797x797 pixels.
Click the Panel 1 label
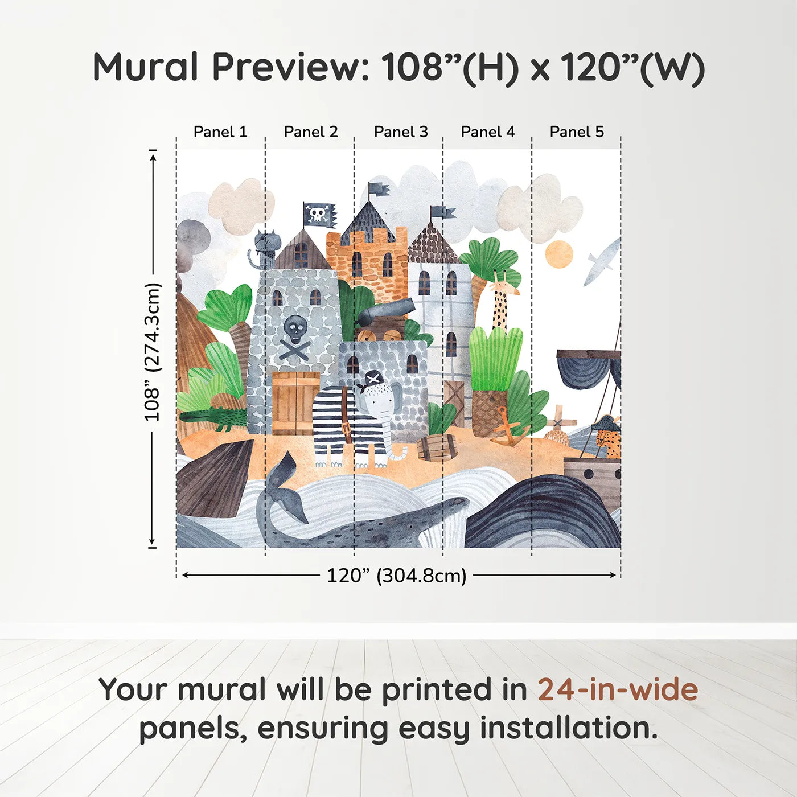coord(220,132)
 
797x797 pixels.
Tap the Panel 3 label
coord(401,132)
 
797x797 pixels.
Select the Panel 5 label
coord(577,132)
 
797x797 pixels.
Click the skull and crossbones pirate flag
coord(319,215)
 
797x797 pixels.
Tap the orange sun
coord(558,254)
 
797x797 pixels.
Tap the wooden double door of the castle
coord(295,402)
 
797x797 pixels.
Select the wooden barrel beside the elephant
coord(437,447)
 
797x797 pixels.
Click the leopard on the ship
coord(608,440)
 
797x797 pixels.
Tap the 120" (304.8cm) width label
coord(396,576)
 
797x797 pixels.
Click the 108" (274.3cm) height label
coord(152,352)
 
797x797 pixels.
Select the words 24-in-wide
coord(618,690)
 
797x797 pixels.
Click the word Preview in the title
coord(291,67)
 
